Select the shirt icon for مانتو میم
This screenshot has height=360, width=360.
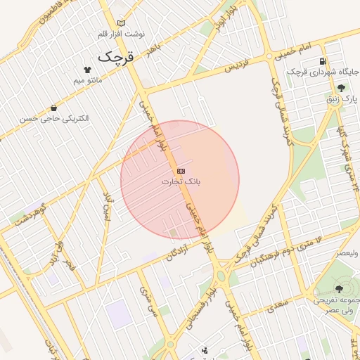pos(87,70)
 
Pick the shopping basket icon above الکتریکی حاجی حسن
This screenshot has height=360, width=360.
pos(54,108)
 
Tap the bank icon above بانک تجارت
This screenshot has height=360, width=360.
pos(181,171)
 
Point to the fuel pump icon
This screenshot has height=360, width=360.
pos(323,61)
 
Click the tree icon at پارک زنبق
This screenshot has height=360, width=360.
pos(341,89)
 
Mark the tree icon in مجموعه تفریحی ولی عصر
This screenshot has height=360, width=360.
pos(339,289)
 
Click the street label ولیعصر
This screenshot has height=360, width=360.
pos(348,252)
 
